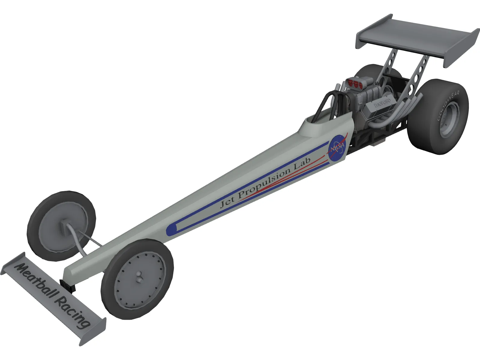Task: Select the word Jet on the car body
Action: click(x=227, y=202)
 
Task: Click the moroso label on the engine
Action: click(x=382, y=103)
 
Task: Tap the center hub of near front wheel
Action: click(x=139, y=276)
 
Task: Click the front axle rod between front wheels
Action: click(x=90, y=240)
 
